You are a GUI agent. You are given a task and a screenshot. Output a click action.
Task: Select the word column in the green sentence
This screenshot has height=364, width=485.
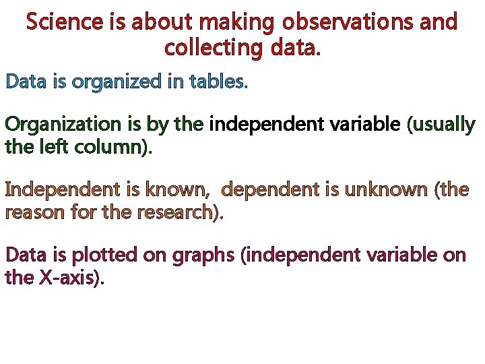[112, 146]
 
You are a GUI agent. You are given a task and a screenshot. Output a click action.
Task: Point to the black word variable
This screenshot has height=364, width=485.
[366, 125]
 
